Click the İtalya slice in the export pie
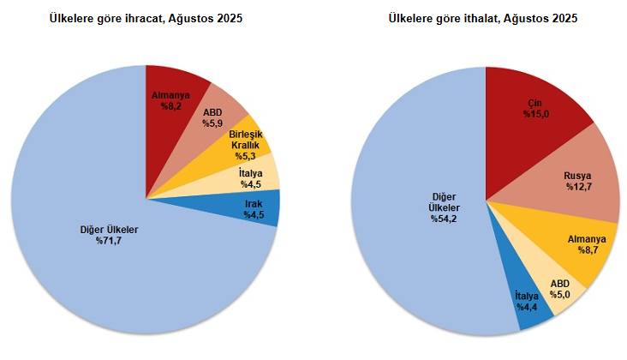coord(251,178)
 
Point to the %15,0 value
coord(536,115)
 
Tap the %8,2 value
coord(172,107)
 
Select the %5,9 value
coord(213,123)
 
